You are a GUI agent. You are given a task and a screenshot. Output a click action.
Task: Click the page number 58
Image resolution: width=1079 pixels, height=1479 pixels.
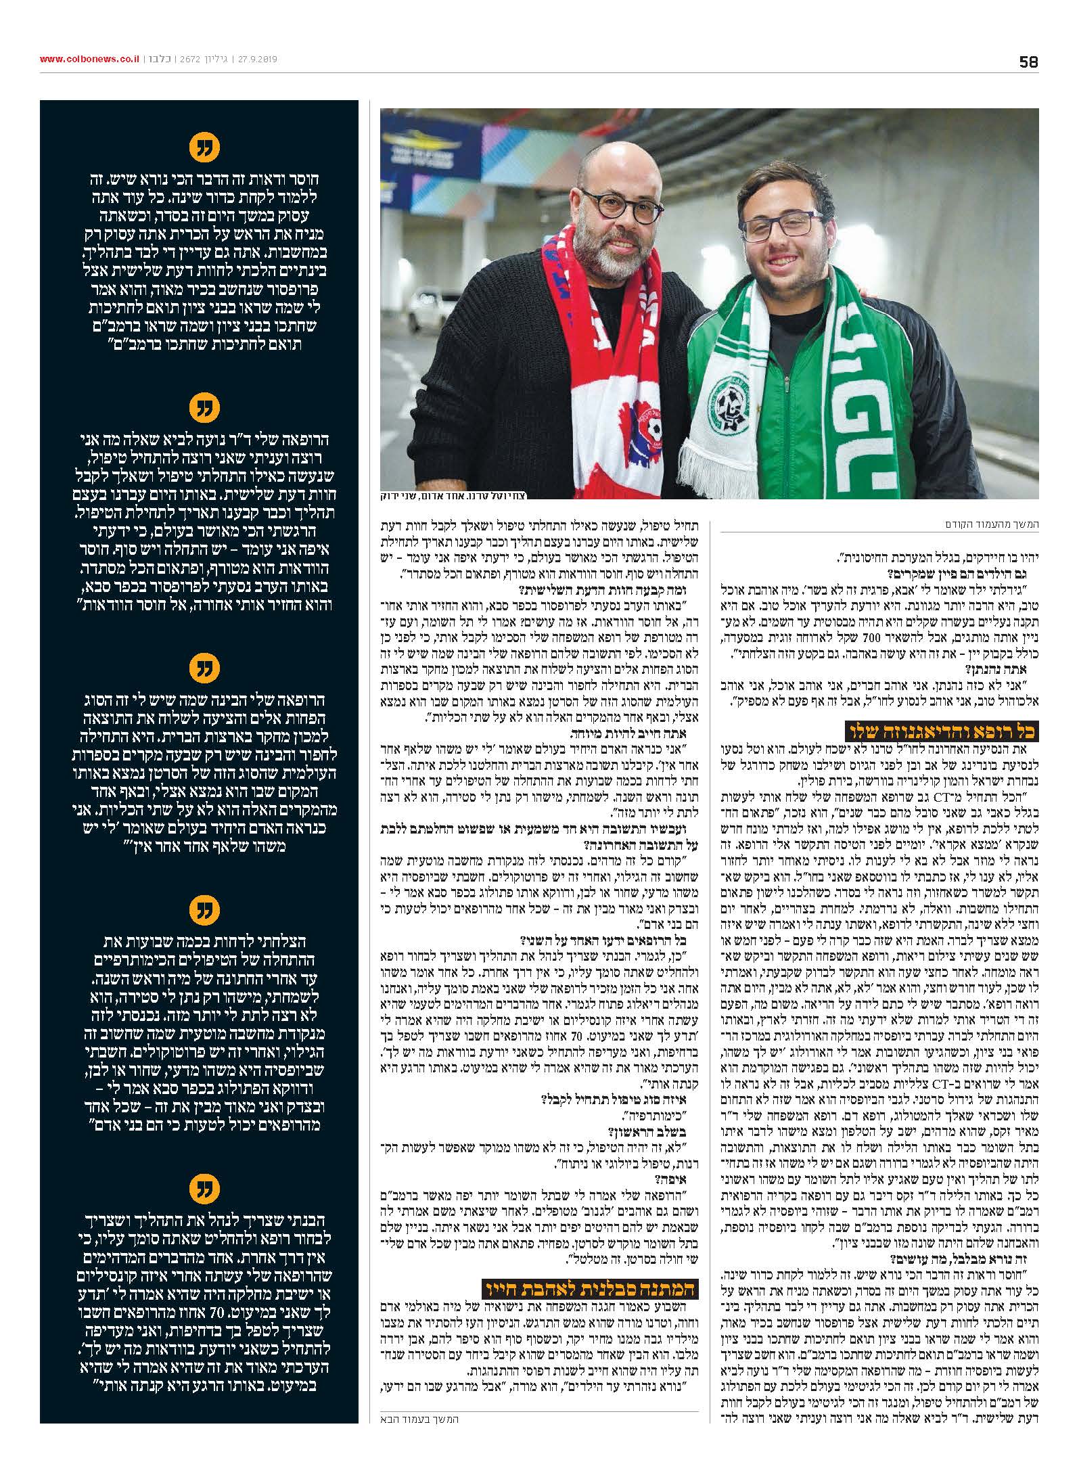1028,62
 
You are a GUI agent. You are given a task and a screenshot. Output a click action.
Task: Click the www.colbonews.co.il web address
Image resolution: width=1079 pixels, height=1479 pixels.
89,60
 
